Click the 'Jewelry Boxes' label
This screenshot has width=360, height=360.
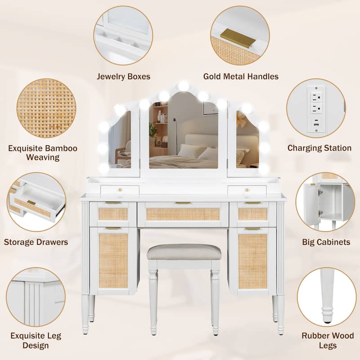pos(123,76)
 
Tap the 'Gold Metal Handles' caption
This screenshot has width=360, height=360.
pos(241,76)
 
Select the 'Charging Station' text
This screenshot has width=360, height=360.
pos(319,148)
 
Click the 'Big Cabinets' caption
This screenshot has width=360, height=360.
pos(326,242)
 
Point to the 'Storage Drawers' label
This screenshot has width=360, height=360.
pos(36,242)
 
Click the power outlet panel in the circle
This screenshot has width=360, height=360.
pos(316,109)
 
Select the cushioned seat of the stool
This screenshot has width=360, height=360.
pos(184,252)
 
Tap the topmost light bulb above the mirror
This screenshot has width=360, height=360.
pos(184,85)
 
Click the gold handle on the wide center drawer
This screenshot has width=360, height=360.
pos(183,203)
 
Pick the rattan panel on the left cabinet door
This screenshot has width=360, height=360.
pos(113,261)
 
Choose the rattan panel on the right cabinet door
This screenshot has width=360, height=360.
pos(252,261)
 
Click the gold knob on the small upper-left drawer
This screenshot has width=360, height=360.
pos(120,190)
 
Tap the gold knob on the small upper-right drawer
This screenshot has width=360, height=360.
pos(247,190)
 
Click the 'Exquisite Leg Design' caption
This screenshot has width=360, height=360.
pos(36,341)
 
